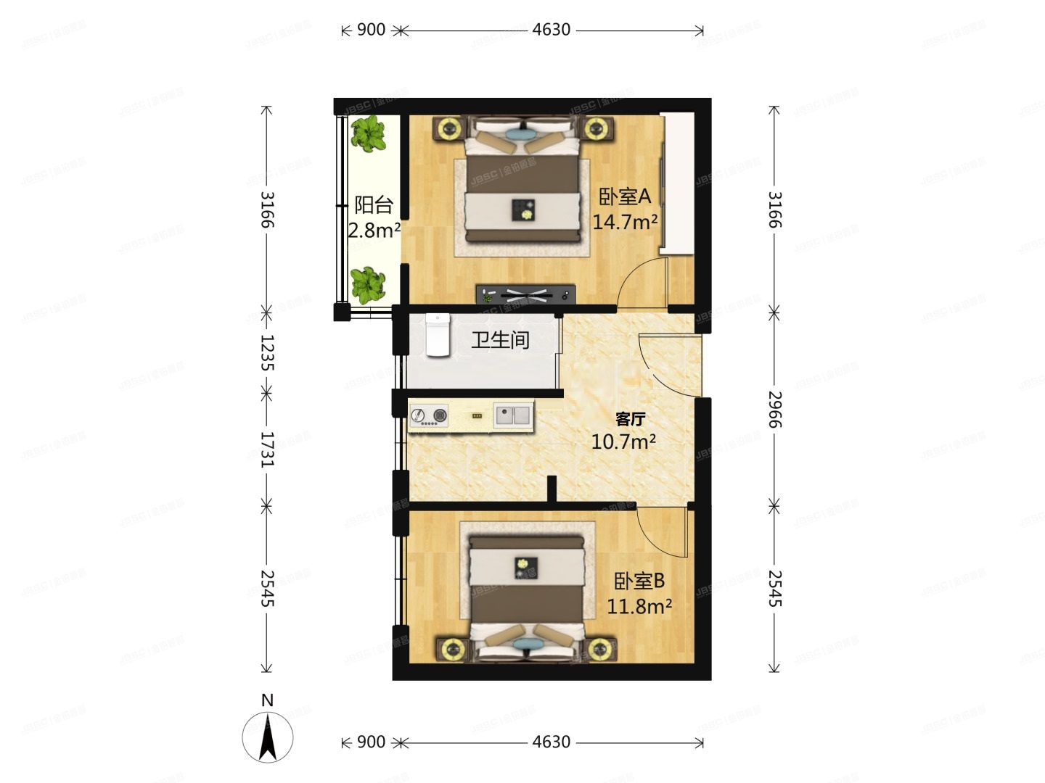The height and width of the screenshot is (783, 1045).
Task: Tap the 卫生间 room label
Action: (x=500, y=339)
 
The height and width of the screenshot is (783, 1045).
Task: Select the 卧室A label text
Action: (x=625, y=196)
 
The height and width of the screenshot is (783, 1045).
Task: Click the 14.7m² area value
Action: (x=625, y=222)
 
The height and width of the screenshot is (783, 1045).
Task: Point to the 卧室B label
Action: (x=639, y=581)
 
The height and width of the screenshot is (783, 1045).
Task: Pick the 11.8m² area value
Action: (x=639, y=606)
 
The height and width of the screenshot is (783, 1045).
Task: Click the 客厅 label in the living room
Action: (x=630, y=419)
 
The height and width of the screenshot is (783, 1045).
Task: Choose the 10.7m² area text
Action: (x=624, y=442)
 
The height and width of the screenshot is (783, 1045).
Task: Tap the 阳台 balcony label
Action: (x=374, y=205)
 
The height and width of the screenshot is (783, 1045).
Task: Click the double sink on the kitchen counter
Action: (x=514, y=415)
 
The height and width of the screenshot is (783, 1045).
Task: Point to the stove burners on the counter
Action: (x=428, y=416)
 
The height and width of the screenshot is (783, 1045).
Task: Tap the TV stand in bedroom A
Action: (x=525, y=294)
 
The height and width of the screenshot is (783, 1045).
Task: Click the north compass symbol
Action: (x=268, y=737)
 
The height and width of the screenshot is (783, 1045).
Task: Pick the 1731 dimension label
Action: (x=267, y=449)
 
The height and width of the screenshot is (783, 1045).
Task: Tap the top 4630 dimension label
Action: (x=552, y=30)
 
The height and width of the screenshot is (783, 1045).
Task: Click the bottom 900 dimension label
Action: (x=371, y=742)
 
